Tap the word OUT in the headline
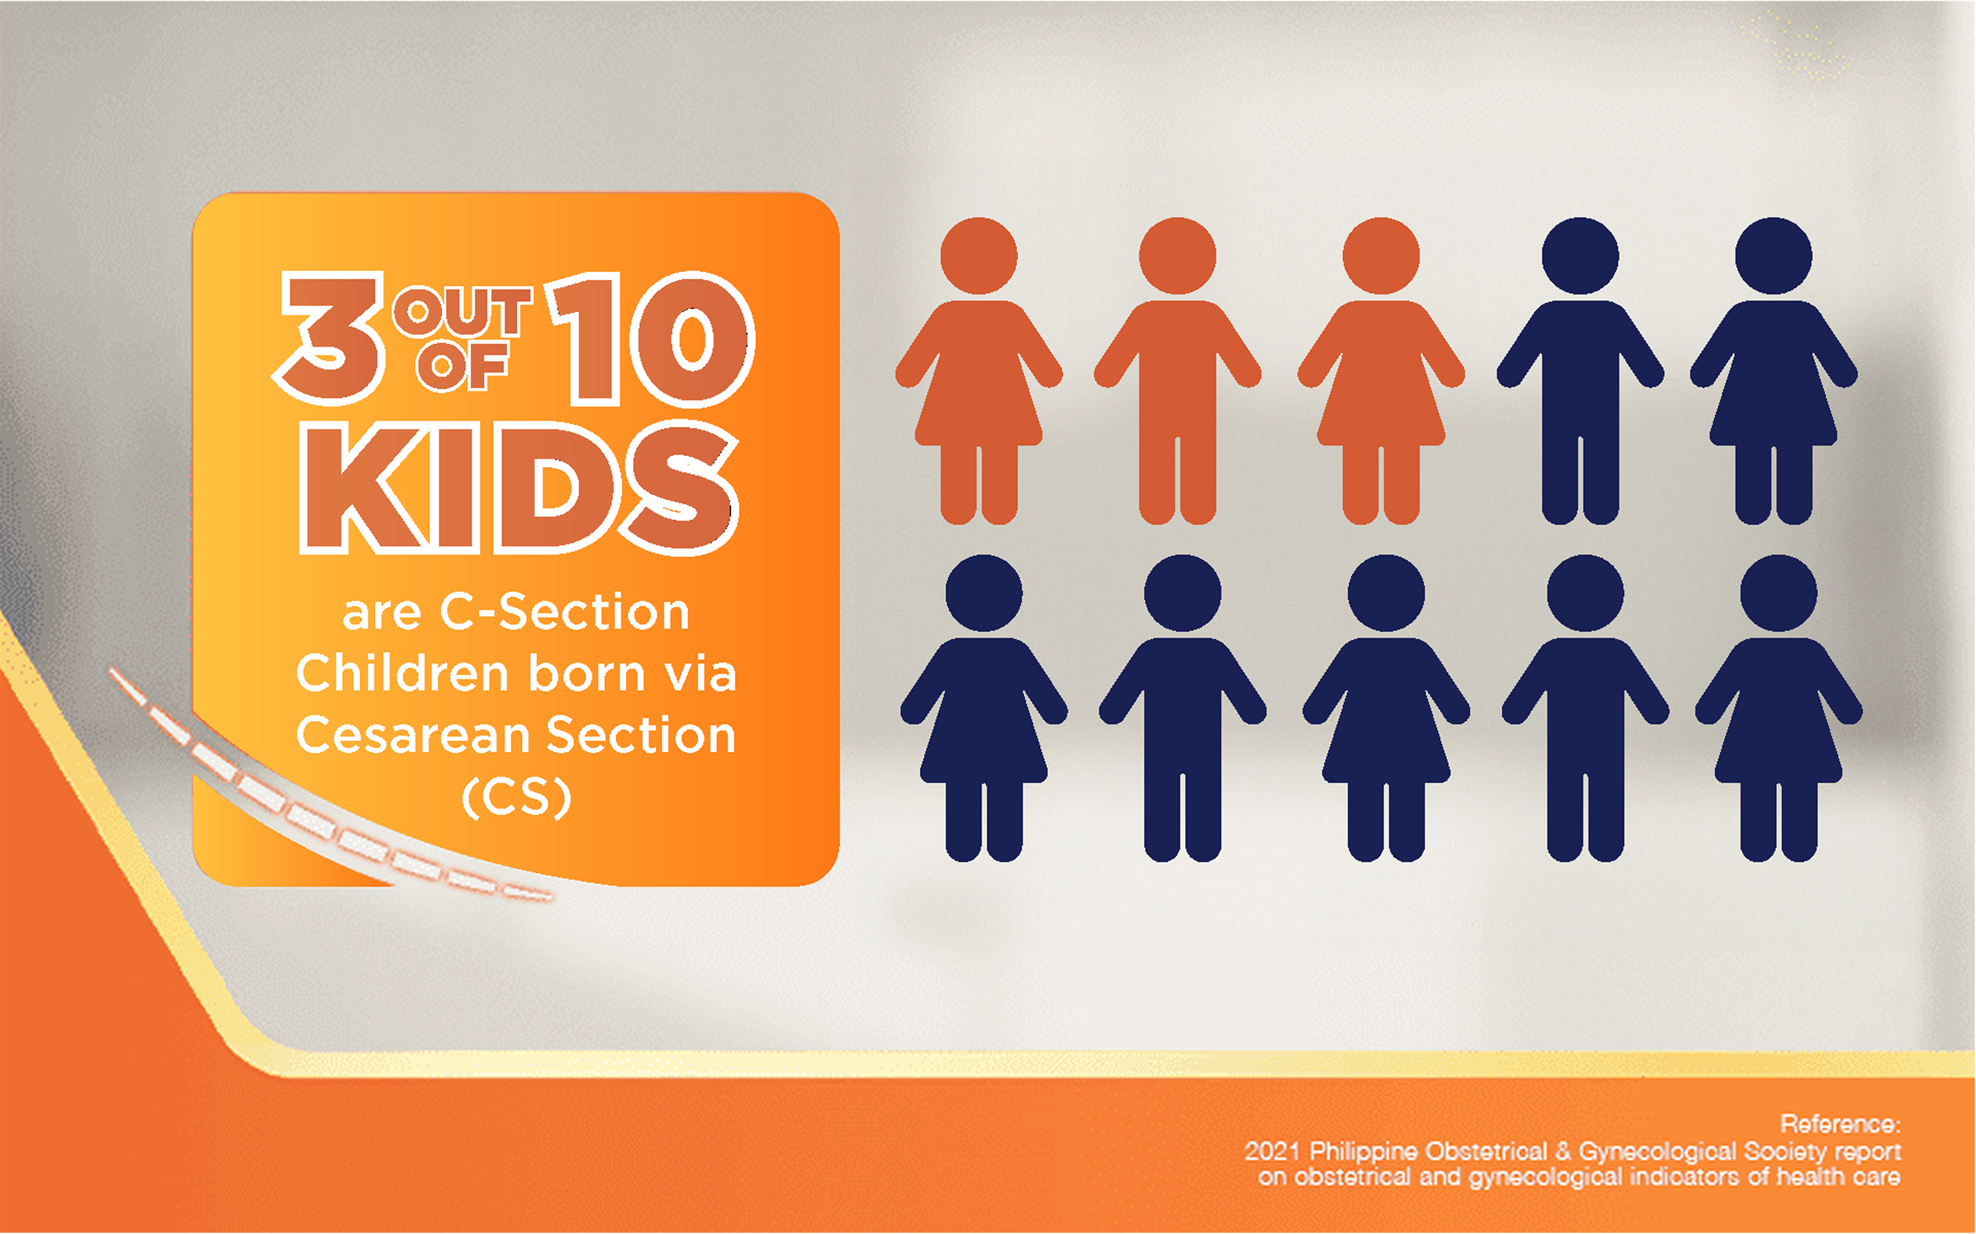(462, 312)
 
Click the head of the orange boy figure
(1177, 256)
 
